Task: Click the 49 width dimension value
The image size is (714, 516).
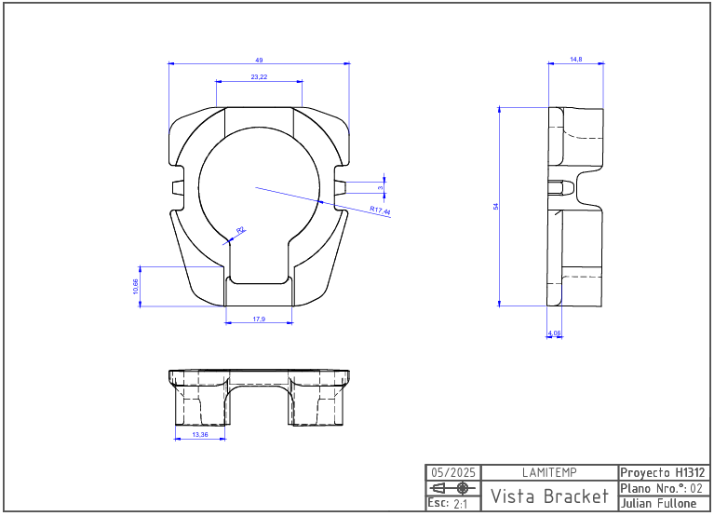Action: pos(259,60)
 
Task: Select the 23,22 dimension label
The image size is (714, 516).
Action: pos(259,76)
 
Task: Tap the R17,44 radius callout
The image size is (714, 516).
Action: pos(380,211)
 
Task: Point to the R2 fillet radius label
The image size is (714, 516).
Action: pos(241,229)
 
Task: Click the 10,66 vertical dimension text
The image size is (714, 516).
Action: pos(136,286)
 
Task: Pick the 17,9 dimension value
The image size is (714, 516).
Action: pos(259,319)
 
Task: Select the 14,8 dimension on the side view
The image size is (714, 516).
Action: pos(575,60)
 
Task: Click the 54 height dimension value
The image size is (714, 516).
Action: pos(495,206)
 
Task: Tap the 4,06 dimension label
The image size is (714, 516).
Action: pos(555,333)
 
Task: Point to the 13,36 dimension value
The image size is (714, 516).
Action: pos(200,434)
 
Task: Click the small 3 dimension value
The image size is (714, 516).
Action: pos(381,187)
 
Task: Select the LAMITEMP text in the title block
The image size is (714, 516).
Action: pos(550,472)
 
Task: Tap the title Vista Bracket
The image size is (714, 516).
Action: pos(550,495)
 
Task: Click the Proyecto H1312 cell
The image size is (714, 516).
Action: pos(662,472)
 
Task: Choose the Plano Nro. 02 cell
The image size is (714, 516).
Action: pos(662,488)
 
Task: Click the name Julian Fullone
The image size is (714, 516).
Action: pos(658,503)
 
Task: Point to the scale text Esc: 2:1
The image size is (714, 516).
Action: pos(448,503)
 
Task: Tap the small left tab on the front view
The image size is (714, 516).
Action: pos(177,187)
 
